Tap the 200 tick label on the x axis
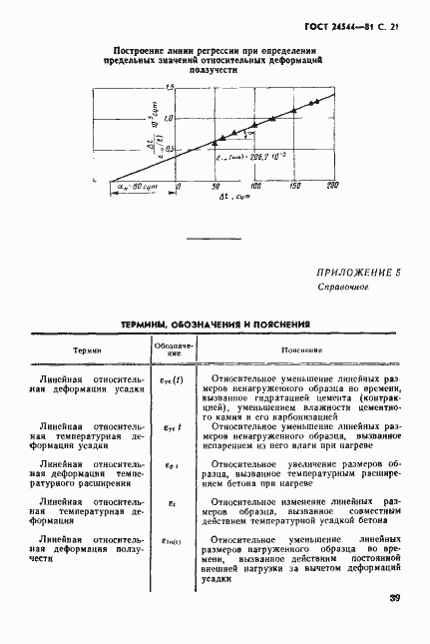(x=332, y=186)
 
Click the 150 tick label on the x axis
(x=294, y=186)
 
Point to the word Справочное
(x=344, y=287)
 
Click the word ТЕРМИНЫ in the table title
(x=151, y=324)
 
